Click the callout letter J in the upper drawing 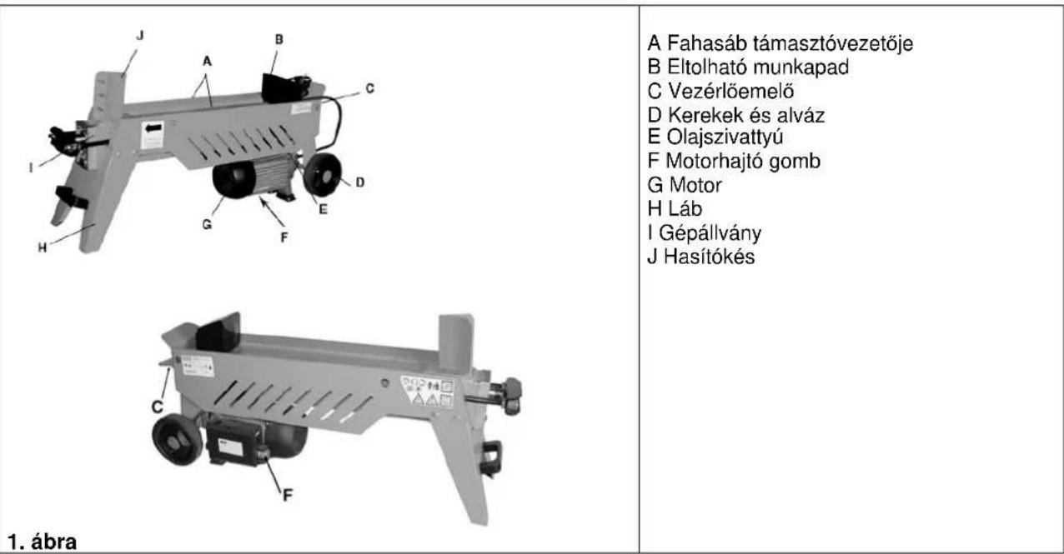pyautogui.click(x=139, y=35)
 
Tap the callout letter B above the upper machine pyautogui.click(x=279, y=38)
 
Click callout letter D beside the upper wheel pyautogui.click(x=360, y=181)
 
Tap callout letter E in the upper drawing pyautogui.click(x=323, y=210)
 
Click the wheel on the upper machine pyautogui.click(x=324, y=172)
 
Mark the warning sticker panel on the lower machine pyautogui.click(x=429, y=389)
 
